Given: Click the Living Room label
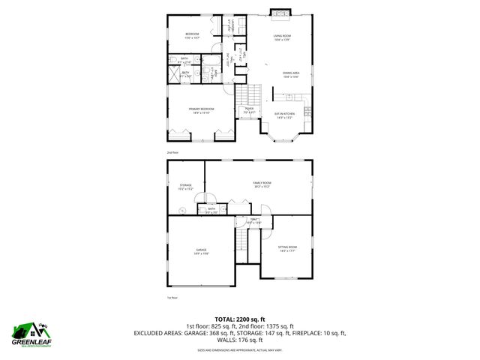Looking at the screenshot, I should (x=281, y=37).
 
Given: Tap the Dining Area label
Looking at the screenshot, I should (x=291, y=74).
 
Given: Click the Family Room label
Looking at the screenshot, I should (x=261, y=184).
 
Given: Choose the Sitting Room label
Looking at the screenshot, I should (x=287, y=249).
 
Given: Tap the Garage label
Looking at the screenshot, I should (x=202, y=251).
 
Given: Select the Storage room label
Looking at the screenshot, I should (x=185, y=187).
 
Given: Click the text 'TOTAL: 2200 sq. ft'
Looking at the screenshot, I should (x=239, y=319).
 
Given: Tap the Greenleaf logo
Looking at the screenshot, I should (x=30, y=334).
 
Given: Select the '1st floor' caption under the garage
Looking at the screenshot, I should (x=172, y=298).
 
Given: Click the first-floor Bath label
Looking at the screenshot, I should (x=211, y=210).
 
